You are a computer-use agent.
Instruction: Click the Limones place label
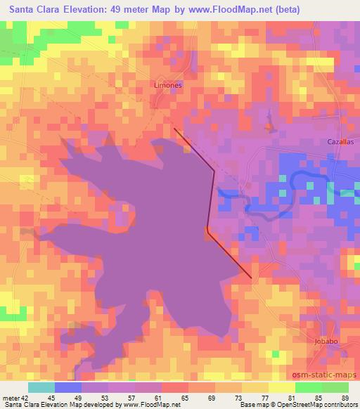pos(168,85)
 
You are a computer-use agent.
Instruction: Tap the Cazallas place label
pos(340,141)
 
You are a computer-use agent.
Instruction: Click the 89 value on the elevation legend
pos(345,397)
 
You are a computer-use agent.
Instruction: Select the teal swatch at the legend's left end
pos(41,387)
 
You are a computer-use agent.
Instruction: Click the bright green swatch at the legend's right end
pos(335,387)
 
